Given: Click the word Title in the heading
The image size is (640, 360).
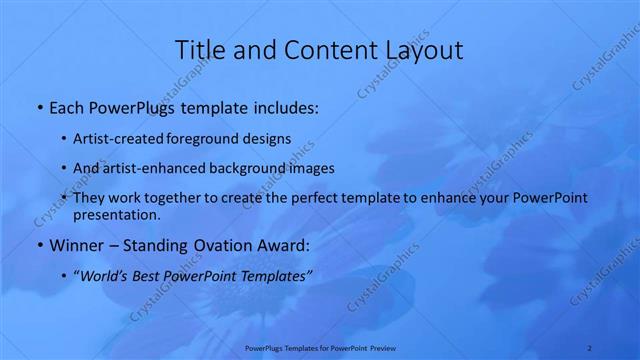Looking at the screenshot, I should click(198, 50).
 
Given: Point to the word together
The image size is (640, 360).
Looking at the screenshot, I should click(187, 198).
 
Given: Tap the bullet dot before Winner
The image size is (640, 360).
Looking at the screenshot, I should click(39, 244).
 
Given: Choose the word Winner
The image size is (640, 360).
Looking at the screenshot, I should click(75, 244).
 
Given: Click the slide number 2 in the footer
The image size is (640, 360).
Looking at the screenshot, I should click(591, 348).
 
